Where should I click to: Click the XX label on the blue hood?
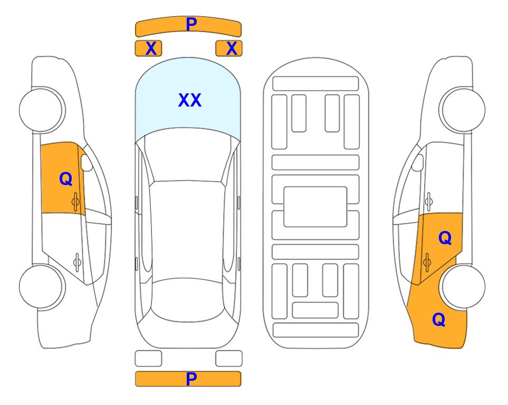tap(190, 100)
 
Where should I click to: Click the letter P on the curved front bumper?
tap(191, 24)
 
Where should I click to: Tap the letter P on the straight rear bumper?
tap(191, 379)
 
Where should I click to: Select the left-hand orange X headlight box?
tap(148, 49)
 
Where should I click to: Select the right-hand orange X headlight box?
tap(229, 49)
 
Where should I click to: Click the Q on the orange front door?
tap(66, 179)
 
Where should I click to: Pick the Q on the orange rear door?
tap(445, 238)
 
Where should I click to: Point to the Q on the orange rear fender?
tap(439, 320)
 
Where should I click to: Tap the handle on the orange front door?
tap(75, 201)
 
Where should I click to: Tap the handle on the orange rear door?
tap(427, 262)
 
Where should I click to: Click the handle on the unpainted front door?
tap(429, 201)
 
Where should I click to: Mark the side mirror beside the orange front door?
tap(87, 162)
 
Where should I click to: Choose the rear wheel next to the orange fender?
tap(464, 286)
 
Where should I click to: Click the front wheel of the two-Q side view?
tap(464, 110)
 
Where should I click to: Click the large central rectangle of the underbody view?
tap(315, 207)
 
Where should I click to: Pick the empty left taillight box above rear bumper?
tap(148, 359)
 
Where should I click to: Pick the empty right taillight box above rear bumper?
tap(229, 359)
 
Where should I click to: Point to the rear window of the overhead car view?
tap(188, 300)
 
